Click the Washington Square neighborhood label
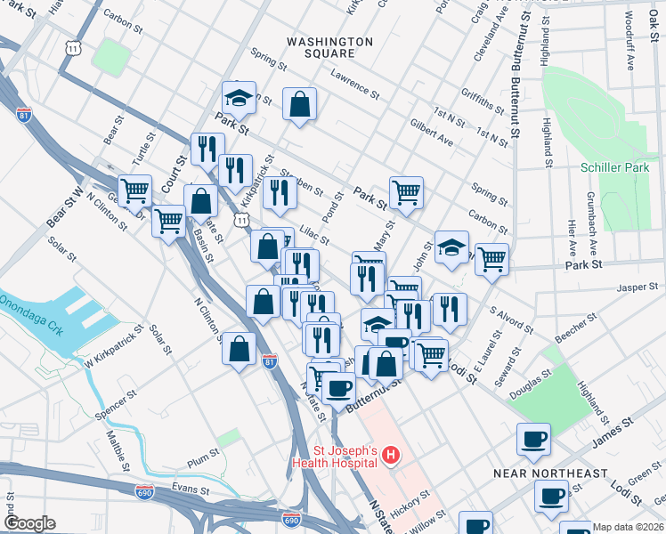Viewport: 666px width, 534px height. coord(329,47)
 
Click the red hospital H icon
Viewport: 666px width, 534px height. coord(389,457)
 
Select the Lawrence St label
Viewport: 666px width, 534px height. coord(354,85)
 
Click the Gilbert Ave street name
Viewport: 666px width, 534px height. coord(431,133)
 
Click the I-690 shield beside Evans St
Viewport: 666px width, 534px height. coord(144,490)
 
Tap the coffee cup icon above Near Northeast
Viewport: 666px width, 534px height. coord(533,438)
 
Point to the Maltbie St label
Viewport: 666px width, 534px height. coord(118,449)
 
